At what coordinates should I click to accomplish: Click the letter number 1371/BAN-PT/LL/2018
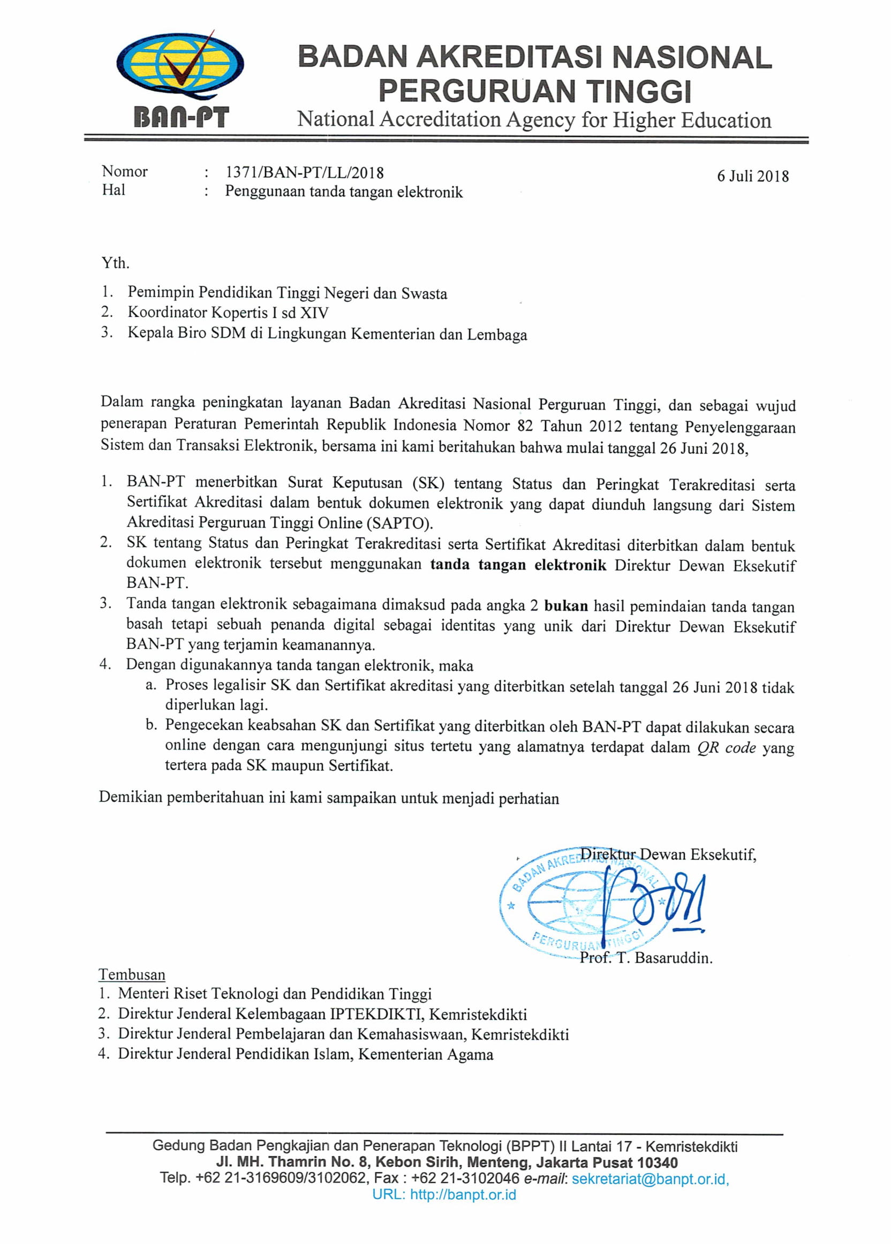pos(305,173)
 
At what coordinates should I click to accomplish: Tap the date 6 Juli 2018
pos(753,176)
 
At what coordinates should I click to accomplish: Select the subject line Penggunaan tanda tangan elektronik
pos(343,192)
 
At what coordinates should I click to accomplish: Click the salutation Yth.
pos(115,263)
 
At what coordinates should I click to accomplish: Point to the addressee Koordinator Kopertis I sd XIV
pos(228,313)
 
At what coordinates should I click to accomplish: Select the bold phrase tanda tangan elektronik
pos(518,565)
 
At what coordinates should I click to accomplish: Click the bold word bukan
pos(565,606)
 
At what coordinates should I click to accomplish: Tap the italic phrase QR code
pos(727,748)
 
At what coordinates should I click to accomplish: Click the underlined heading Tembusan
pos(132,975)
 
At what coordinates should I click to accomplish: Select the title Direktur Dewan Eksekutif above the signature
pos(668,854)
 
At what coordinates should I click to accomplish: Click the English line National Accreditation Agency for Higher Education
pos(534,119)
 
